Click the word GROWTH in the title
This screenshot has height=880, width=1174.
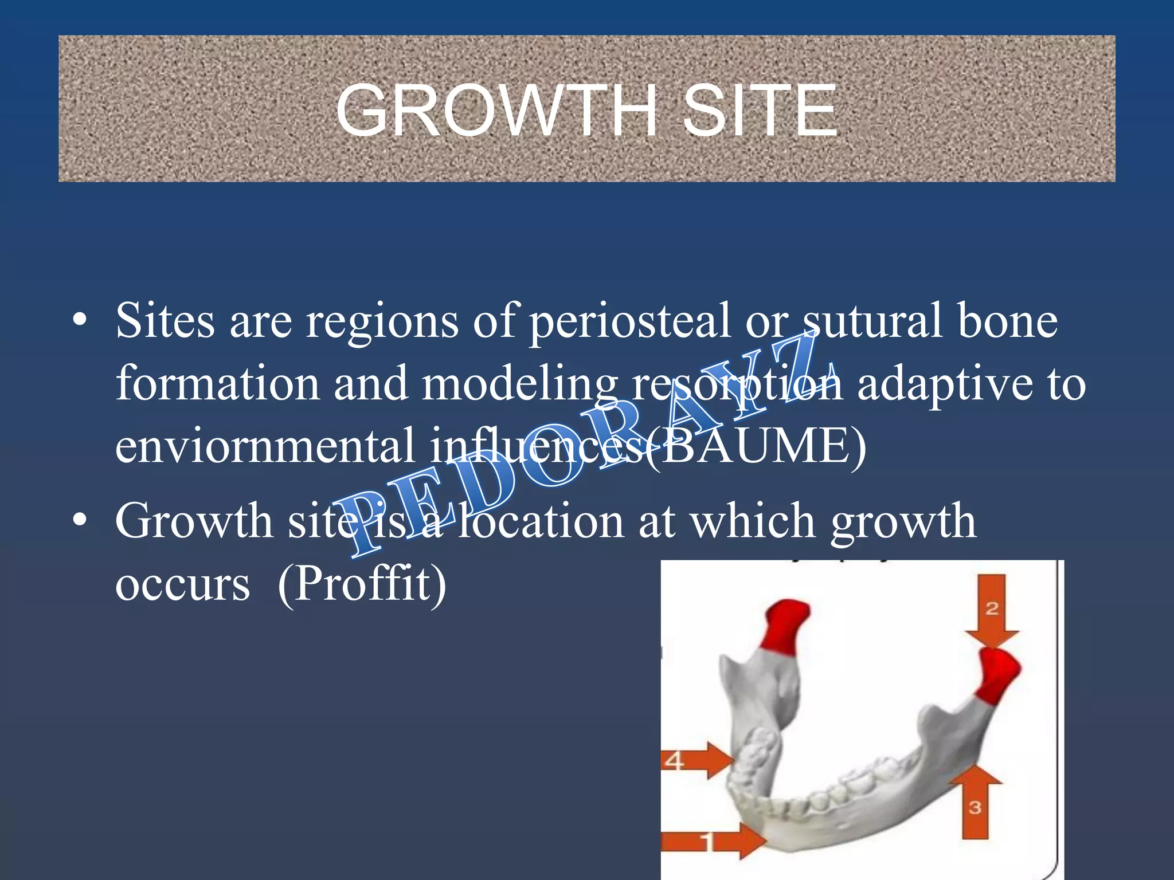pos(496,111)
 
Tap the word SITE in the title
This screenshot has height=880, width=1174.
pos(760,111)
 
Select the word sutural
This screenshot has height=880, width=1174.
pos(872,321)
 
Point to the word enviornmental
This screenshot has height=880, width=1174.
pos(265,446)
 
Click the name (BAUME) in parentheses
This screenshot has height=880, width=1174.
pos(757,446)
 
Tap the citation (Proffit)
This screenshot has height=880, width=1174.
pos(361,584)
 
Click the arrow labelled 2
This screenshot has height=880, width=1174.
pos(992,610)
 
